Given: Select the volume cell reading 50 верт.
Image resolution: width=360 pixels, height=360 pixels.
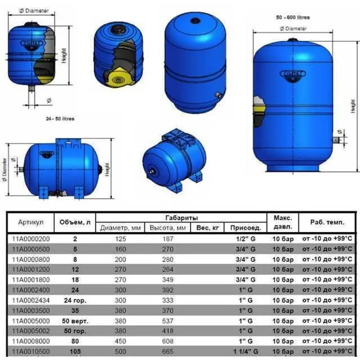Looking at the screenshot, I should pyautogui.click(x=75, y=321).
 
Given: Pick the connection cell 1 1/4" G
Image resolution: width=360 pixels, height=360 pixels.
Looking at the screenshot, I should pyautogui.click(x=245, y=352).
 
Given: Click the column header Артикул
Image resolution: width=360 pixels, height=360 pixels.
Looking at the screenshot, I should pyautogui.click(x=31, y=222).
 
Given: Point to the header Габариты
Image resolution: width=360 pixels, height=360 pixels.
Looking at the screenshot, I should pyautogui.click(x=181, y=218).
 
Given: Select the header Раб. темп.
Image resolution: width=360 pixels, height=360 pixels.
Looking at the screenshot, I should pyautogui.click(x=327, y=222).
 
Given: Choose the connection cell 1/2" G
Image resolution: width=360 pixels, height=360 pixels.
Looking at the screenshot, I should pyautogui.click(x=245, y=239).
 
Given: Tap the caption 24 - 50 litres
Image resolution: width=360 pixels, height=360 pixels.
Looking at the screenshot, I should pyautogui.click(x=60, y=119).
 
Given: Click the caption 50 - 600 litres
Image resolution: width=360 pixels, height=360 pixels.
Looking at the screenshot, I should pyautogui.click(x=293, y=18).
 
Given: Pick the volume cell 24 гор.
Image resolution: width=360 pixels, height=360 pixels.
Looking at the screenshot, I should pyautogui.click(x=75, y=300).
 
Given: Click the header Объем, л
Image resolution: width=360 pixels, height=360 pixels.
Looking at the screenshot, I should pyautogui.click(x=75, y=222).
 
